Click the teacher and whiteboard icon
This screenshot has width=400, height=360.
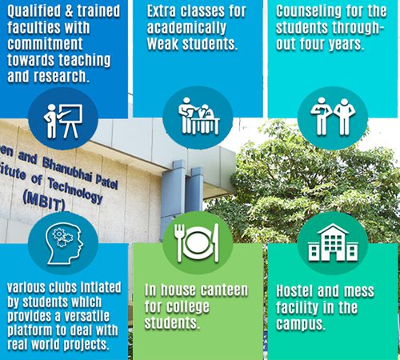(63, 121)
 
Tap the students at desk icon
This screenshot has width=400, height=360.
(199, 116)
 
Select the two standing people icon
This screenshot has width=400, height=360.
(333, 117)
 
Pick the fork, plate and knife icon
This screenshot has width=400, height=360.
(197, 242)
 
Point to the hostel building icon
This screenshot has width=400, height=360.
(333, 242)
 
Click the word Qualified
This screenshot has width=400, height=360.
(34, 11)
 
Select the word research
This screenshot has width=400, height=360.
(61, 77)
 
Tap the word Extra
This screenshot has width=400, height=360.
(162, 11)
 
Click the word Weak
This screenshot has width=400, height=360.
(162, 44)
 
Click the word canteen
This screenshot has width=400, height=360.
(224, 290)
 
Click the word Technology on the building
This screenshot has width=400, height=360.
(75, 190)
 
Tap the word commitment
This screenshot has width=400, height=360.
(45, 44)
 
